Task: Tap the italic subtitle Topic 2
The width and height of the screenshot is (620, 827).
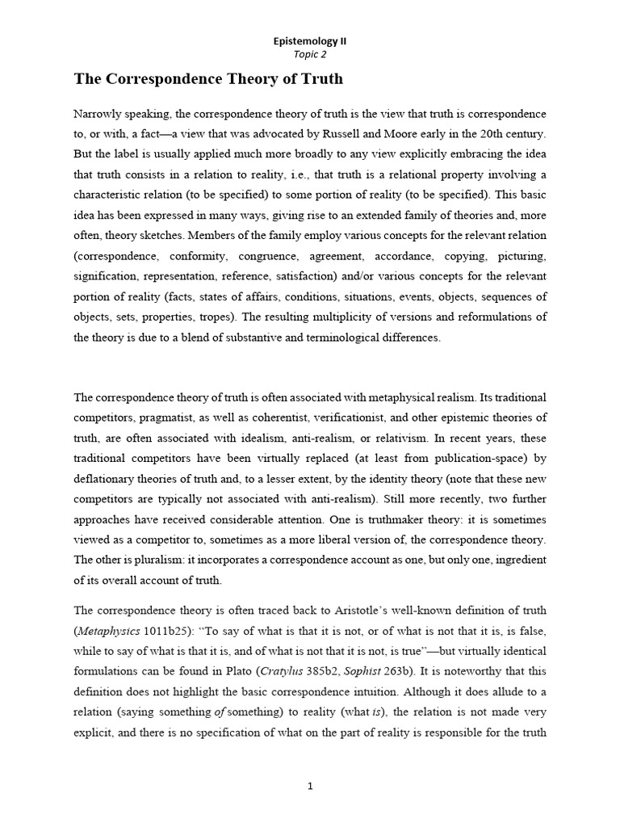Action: pos(310,54)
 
